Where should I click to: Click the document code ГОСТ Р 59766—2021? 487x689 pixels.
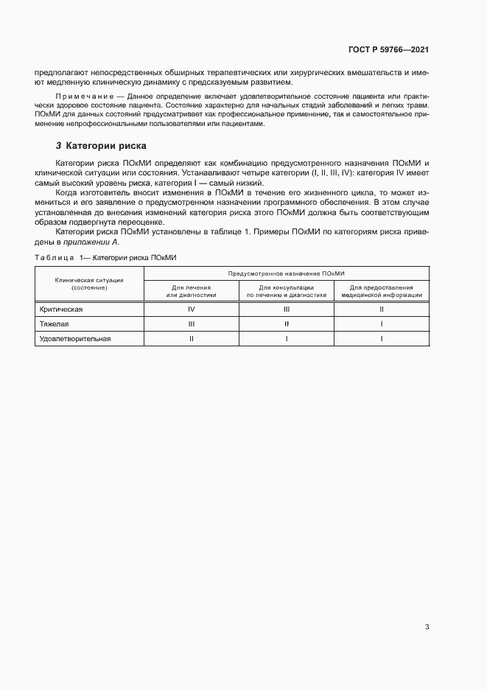pyautogui.click(x=388, y=50)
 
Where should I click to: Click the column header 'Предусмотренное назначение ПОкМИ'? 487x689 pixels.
pyautogui.click(x=287, y=273)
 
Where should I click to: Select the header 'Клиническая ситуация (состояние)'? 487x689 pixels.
pyautogui.click(x=89, y=284)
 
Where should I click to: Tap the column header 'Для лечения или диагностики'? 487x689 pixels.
pyautogui.click(x=191, y=290)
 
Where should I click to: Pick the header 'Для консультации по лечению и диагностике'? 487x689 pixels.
pyautogui.click(x=286, y=290)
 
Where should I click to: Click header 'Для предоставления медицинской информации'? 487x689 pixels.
pyautogui.click(x=382, y=290)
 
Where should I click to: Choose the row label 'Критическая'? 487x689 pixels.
pyautogui.click(x=61, y=309)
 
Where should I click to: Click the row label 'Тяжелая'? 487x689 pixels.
pyautogui.click(x=54, y=323)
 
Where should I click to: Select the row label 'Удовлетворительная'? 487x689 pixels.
pyautogui.click(x=75, y=338)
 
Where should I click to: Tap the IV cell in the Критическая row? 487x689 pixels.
pyautogui.click(x=191, y=309)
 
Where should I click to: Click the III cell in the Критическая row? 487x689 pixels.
pyautogui.click(x=286, y=309)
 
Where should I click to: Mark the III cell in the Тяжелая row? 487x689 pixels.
pyautogui.click(x=191, y=323)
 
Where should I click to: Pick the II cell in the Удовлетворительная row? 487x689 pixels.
pyautogui.click(x=191, y=338)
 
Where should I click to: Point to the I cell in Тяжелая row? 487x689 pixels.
pyautogui.click(x=382, y=323)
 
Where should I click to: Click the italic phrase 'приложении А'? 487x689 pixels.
pyautogui.click(x=92, y=242)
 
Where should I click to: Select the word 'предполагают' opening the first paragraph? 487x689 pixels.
pyautogui.click(x=57, y=73)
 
